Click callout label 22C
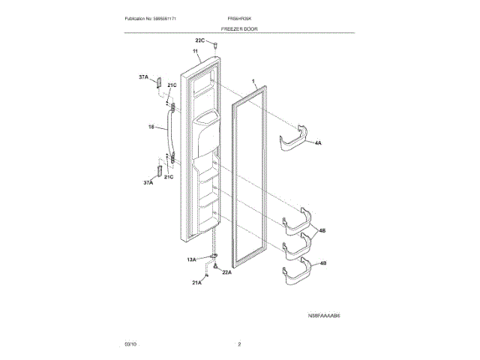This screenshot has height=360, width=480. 200,40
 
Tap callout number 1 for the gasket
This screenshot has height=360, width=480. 253,80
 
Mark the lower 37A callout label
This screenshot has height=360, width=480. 148,182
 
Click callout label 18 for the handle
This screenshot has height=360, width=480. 151,127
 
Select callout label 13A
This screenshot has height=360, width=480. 192,259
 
